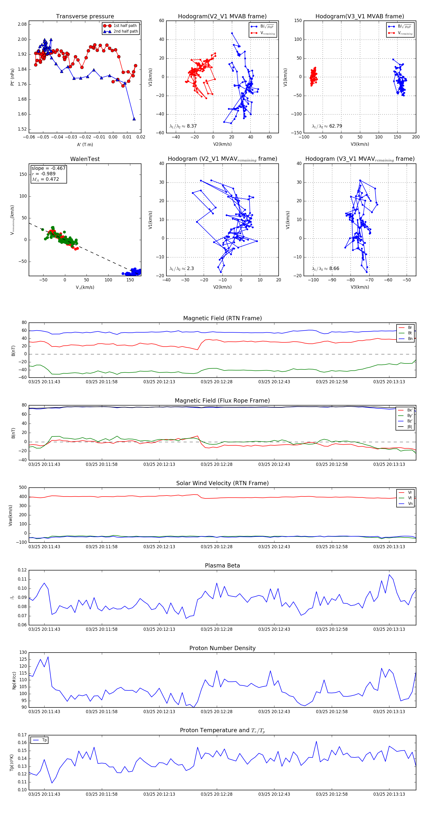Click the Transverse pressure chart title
pos(85,17)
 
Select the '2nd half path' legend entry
pos(125,31)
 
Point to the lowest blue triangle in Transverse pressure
pos(134,119)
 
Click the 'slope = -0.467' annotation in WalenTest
pos(48,168)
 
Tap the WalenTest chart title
pos(85,159)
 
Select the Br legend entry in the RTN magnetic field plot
pos(410,328)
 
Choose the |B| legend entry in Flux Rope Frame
pos(410,427)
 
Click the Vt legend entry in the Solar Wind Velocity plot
pos(410,498)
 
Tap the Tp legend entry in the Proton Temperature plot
pos(44,740)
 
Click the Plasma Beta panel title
pos(222,566)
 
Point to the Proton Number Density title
pos(222,648)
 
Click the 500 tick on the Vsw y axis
pos(23,488)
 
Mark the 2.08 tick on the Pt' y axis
pos(22,24)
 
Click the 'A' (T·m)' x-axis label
pos(85,144)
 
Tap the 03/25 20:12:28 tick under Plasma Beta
pos(216,629)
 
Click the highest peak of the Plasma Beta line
pos(389,575)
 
